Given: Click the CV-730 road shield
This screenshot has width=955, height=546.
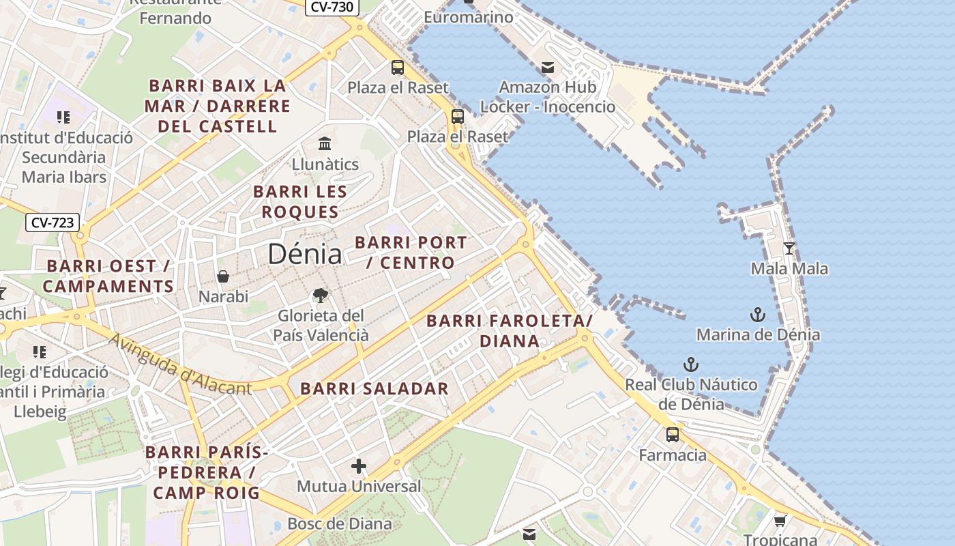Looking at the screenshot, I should point(332,7).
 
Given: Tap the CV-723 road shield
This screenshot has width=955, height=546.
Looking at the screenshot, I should point(53,222).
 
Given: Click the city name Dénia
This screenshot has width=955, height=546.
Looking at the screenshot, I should point(304,254).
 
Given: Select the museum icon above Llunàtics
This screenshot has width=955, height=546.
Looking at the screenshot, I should point(325,144).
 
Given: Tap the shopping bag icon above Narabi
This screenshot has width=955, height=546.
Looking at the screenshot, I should point(223,276).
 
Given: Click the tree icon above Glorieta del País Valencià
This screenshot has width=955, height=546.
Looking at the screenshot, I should point(320,296).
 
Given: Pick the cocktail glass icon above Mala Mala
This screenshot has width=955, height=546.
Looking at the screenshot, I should point(789,248).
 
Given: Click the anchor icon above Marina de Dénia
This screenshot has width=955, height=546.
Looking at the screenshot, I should point(758,315).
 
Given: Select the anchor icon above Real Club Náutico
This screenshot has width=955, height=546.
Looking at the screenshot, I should point(691,364).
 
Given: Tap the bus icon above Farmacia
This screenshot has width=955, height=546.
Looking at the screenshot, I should point(673,435).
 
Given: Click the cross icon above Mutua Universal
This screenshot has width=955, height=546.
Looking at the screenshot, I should point(359,467).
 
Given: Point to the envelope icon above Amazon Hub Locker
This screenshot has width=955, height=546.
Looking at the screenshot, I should point(548,68).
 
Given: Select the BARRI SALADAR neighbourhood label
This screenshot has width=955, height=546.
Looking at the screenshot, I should point(374,389).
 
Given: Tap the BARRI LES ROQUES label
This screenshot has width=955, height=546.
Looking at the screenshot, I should point(300,202).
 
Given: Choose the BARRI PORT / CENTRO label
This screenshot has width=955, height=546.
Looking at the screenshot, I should point(411,253).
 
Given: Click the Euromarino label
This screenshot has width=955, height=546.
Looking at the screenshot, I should point(468,17).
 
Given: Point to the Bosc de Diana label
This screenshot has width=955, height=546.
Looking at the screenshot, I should point(340,524).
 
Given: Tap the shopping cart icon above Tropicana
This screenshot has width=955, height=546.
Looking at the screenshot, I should point(780,521).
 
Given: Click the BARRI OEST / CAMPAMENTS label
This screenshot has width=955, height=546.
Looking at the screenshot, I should point(108,276).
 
